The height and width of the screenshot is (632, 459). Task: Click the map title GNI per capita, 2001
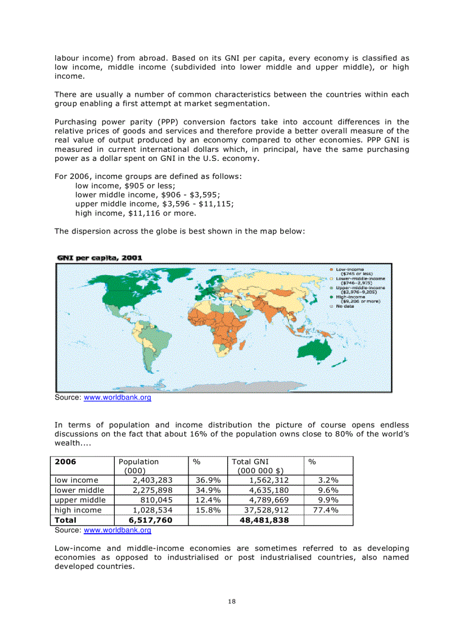[x=99, y=258]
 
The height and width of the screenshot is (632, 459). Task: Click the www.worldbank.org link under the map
[x=117, y=398]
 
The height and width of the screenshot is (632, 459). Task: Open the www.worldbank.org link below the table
[x=117, y=530]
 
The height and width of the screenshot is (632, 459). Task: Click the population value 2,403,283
[x=152, y=480]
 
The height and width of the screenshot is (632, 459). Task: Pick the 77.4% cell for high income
[x=324, y=510]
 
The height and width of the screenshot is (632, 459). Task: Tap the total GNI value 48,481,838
[x=264, y=521]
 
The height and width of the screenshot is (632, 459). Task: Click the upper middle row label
[x=80, y=500]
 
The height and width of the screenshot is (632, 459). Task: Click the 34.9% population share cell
[x=208, y=490]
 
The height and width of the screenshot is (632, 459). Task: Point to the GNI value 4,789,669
[x=269, y=500]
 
